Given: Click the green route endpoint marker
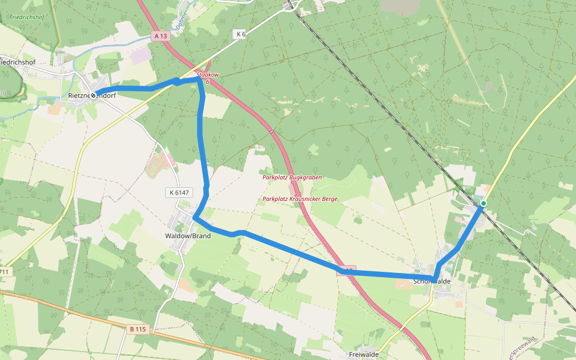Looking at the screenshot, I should click(x=484, y=203).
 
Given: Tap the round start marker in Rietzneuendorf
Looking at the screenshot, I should click(x=94, y=95).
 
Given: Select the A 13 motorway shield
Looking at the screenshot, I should click(x=160, y=36).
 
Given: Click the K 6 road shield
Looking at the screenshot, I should click(x=241, y=34).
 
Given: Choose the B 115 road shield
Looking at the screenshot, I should click(x=137, y=329).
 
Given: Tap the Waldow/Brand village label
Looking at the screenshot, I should click(x=188, y=236).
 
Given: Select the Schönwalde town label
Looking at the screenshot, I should click(x=432, y=281).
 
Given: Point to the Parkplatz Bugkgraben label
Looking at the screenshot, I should click(x=292, y=178).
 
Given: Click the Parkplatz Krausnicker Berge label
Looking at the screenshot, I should click(x=300, y=199).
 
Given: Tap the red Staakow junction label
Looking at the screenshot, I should click(x=208, y=75).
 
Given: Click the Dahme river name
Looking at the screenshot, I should click(x=183, y=20).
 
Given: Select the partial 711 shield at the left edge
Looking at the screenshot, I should click(x=4, y=272).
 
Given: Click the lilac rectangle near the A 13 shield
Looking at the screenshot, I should click(x=142, y=56).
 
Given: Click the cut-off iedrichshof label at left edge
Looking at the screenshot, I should click(x=18, y=62).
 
